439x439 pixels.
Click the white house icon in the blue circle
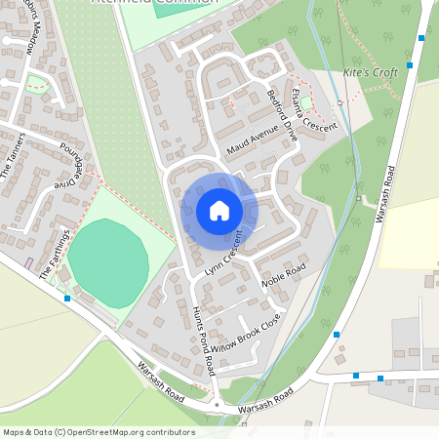click(x=219, y=211)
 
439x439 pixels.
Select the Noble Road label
click(x=285, y=276)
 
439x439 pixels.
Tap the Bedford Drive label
click(x=282, y=120)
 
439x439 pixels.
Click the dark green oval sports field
click(x=107, y=262)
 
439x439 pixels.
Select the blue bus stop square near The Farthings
click(x=67, y=299)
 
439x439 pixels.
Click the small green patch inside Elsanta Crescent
click(x=306, y=101)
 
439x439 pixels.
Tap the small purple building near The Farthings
click(x=29, y=263)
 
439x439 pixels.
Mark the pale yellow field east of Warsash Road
click(x=409, y=229)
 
